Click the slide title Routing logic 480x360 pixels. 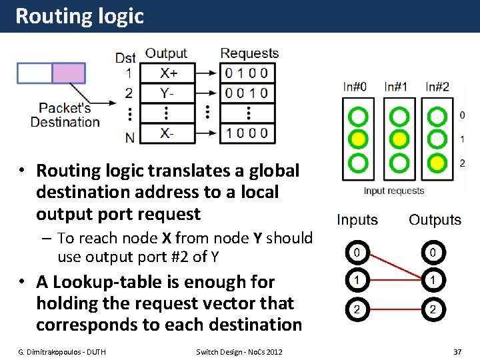tap(79, 16)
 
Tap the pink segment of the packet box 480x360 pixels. tap(69, 73)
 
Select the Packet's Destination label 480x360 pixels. tap(65, 115)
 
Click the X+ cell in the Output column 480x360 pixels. tap(169, 73)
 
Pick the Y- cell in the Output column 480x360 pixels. tap(169, 93)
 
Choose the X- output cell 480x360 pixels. tap(169, 133)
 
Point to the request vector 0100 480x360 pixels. tap(247, 73)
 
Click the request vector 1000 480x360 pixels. tap(247, 133)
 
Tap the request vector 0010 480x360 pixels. tap(247, 93)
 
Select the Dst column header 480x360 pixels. tap(125, 58)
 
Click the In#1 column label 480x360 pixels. tap(396, 87)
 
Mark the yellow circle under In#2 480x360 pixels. tap(437, 162)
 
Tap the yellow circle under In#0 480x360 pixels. tap(359, 139)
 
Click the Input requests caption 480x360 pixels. tap(394, 191)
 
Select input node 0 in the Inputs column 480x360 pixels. tap(357, 253)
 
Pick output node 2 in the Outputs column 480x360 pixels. tap(433, 309)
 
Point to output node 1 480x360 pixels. tap(433, 281)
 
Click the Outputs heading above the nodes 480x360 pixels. tap(435, 220)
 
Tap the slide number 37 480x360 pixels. tap(457, 351)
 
